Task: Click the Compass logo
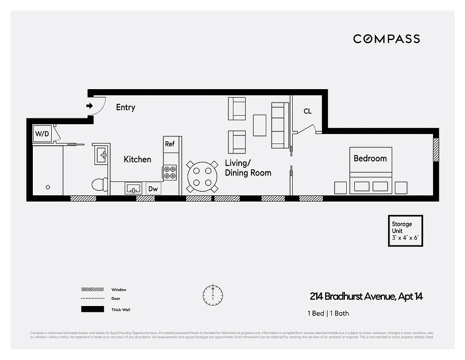(386, 39)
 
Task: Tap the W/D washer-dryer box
(42, 134)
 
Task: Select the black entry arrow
(89, 106)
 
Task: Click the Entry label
(125, 107)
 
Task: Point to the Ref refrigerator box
(170, 144)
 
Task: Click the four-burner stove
(170, 172)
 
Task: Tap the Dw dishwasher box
(153, 189)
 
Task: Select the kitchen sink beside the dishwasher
(133, 189)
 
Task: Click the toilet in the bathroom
(99, 184)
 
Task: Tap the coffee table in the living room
(259, 125)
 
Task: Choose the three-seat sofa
(280, 125)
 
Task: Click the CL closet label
(308, 111)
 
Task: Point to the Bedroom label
(370, 158)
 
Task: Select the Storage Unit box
(406, 231)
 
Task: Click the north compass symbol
(212, 294)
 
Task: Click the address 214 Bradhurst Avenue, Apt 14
(366, 297)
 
